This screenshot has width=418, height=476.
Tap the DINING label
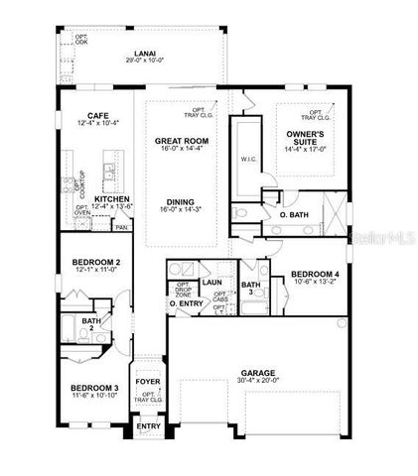pos(180,199)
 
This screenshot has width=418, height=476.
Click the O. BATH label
pos(295,214)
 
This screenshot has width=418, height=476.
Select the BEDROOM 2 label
pos(97,262)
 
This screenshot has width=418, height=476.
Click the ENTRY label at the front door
pos(148,426)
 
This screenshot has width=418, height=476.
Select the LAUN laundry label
pos(211,282)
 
